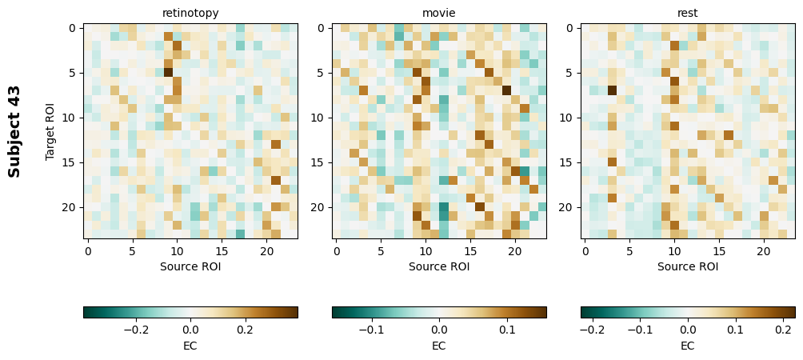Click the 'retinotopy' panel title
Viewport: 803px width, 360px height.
click(190, 13)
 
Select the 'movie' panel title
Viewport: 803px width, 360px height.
click(439, 13)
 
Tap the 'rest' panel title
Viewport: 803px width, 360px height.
click(688, 13)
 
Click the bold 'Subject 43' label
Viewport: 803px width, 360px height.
click(14, 131)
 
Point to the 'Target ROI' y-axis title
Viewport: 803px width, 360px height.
click(50, 131)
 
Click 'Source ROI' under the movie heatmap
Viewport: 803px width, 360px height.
click(439, 266)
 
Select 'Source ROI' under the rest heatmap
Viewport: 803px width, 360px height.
click(688, 266)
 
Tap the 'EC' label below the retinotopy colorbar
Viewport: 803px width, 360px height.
click(190, 346)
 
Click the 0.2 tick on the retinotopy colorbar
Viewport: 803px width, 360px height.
click(245, 329)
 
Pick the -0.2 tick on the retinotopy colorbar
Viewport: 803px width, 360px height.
click(135, 329)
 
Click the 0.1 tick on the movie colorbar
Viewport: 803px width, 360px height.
click(507, 329)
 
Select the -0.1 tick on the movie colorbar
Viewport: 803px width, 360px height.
click(370, 329)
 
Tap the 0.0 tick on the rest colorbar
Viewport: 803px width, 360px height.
click(688, 329)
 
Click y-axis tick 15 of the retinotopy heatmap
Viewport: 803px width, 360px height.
click(72, 162)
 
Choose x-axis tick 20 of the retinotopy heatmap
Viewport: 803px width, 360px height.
click(266, 252)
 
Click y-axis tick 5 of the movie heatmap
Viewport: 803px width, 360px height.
click(321, 73)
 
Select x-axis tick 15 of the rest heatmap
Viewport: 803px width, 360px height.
click(720, 252)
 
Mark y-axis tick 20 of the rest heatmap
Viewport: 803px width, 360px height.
click(569, 207)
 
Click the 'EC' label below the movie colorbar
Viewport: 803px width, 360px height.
click(439, 346)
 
